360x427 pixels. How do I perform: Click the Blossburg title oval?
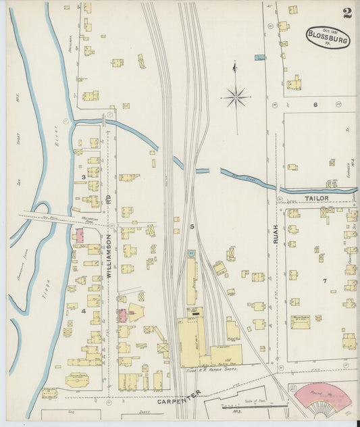(328, 38)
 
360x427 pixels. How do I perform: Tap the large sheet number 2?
(347, 13)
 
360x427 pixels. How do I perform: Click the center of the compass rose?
(236, 97)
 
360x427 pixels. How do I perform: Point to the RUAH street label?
(276, 233)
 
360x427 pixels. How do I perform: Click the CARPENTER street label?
(180, 398)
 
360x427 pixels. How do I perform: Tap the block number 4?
(84, 311)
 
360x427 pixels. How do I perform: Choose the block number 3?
(83, 177)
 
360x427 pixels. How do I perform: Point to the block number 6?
(315, 105)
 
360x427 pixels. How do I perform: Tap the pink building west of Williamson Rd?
(79, 236)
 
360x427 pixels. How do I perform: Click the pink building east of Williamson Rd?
(122, 315)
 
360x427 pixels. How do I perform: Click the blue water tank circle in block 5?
(190, 253)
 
